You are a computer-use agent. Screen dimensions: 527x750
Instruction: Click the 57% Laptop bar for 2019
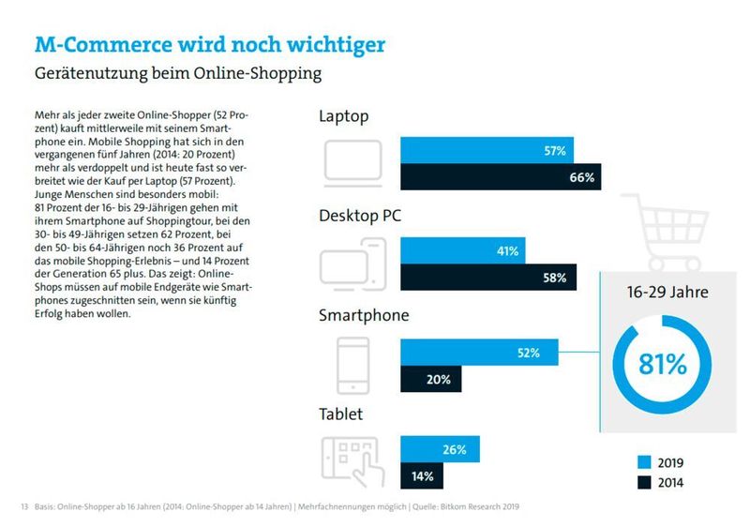click(487, 150)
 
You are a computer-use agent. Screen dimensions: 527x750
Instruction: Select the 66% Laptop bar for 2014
click(501, 177)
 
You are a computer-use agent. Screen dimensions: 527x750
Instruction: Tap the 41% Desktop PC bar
click(463, 251)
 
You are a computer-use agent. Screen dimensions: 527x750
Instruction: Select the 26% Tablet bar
click(440, 450)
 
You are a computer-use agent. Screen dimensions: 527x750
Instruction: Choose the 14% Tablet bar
click(421, 476)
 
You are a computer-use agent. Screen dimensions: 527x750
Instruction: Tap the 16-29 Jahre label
click(667, 292)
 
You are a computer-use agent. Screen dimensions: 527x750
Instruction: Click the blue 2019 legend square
click(643, 462)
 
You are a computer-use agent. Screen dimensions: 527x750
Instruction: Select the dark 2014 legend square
click(643, 483)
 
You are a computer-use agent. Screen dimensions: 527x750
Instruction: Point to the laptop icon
click(352, 162)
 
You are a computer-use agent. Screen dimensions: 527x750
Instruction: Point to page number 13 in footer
click(24, 507)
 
